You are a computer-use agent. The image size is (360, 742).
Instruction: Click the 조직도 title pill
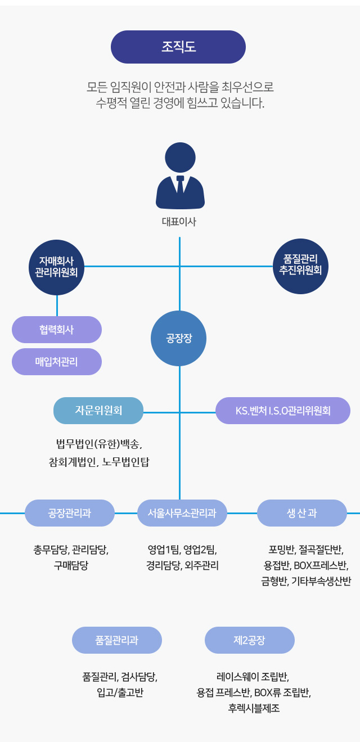[178, 47]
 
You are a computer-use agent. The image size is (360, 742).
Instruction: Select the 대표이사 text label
[179, 222]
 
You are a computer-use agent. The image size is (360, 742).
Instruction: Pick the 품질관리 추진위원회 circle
[300, 266]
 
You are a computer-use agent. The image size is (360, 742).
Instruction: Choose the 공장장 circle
[179, 339]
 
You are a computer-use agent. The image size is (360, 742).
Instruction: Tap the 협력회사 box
[57, 330]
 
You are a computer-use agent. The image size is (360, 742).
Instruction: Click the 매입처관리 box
[57, 362]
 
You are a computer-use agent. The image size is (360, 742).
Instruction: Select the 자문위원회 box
[98, 411]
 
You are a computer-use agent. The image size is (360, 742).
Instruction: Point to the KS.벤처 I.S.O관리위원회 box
[283, 411]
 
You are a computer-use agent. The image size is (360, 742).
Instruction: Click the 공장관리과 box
[70, 513]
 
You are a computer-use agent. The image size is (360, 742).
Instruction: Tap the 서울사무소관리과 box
[182, 513]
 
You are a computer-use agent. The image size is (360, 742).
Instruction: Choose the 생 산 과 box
[302, 513]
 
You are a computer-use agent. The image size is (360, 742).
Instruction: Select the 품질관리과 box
[117, 640]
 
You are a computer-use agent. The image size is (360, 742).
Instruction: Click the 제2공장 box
[250, 640]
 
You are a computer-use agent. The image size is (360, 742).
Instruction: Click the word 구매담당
[71, 565]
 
